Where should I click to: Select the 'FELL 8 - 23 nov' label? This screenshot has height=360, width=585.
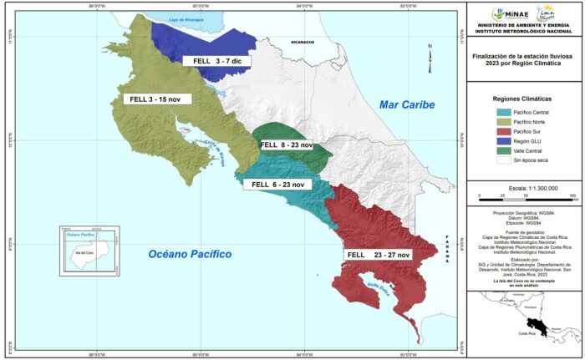(286, 145)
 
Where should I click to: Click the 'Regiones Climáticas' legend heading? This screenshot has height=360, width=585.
(522, 97)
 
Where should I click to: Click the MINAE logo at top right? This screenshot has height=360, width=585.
(498, 14)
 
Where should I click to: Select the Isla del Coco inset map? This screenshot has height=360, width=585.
(84, 249)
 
